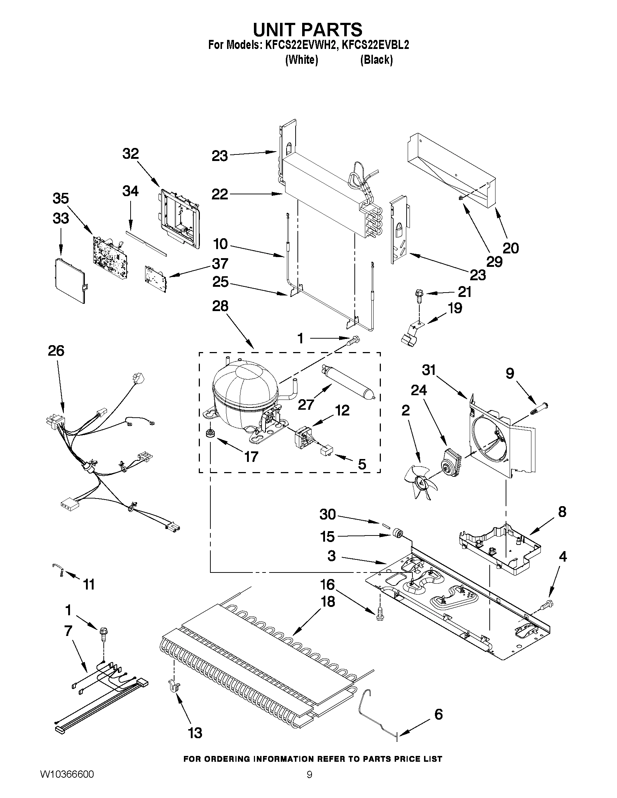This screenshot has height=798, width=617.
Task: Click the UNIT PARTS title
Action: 308,29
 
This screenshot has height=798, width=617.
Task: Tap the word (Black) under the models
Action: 376,59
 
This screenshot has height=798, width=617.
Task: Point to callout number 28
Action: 221,306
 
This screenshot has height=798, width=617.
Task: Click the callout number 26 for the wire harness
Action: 56,351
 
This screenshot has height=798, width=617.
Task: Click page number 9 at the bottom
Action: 309,783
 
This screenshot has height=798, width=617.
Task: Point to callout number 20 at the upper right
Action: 511,248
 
